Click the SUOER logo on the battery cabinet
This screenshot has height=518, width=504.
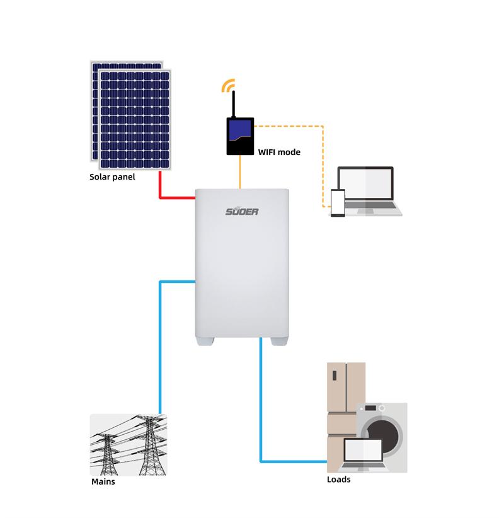242,212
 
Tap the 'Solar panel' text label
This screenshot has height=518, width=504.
112,177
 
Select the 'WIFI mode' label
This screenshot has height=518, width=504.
279,153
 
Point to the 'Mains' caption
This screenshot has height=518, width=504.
103,481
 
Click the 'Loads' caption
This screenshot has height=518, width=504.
338,480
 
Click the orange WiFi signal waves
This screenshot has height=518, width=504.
228,84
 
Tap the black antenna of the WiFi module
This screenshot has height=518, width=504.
234,104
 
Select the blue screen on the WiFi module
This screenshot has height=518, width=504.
240,130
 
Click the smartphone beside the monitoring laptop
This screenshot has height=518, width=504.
338,203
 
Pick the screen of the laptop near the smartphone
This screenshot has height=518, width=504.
365,183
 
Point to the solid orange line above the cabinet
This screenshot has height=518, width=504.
240,172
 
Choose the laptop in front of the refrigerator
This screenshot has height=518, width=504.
363,454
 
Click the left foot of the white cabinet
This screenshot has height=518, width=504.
205,342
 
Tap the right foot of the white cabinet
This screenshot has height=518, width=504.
280,342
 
